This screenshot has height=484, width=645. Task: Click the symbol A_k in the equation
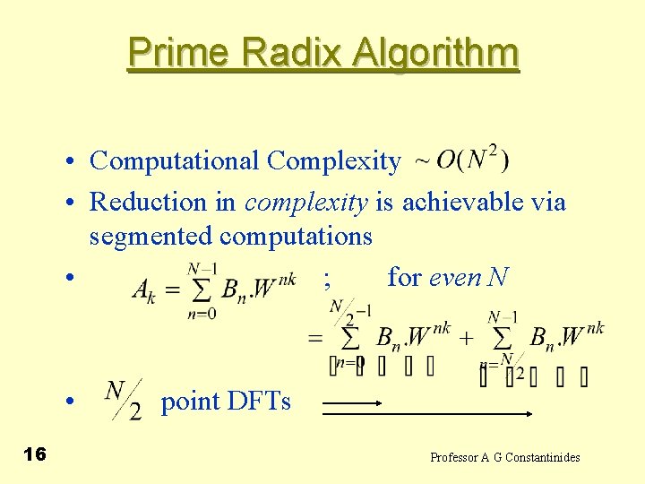click(145, 289)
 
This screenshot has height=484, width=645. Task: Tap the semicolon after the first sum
click(328, 280)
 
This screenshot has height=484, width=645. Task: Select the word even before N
click(456, 278)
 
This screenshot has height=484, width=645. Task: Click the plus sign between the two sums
click(467, 338)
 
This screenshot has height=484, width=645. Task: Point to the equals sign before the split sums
click(314, 338)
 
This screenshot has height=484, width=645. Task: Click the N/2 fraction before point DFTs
click(124, 401)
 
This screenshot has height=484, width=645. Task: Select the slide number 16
click(35, 454)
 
